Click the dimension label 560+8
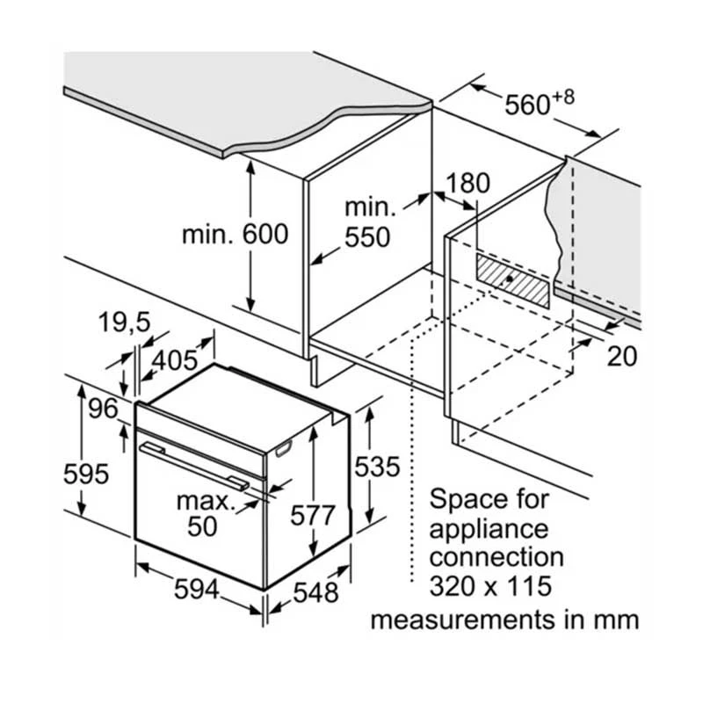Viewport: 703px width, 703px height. [x=538, y=104]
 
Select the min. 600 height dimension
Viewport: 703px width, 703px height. [x=235, y=235]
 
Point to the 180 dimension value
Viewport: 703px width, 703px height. [x=467, y=185]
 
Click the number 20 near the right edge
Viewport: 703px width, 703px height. [x=621, y=356]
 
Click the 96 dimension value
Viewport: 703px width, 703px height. [x=102, y=409]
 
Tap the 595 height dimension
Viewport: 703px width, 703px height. [x=85, y=474]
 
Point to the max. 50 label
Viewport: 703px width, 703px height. [x=206, y=514]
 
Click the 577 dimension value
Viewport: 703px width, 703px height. [x=313, y=516]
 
